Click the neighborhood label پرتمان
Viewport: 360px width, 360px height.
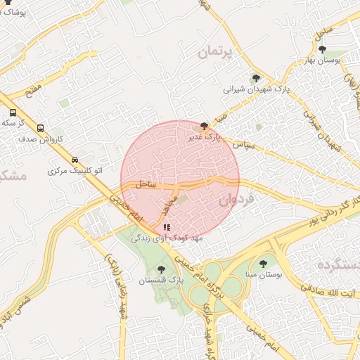click(218, 51)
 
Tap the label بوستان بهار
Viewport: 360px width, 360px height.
click(322, 60)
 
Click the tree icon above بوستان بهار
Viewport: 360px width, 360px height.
click(322, 49)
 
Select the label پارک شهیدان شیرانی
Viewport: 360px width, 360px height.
click(257, 89)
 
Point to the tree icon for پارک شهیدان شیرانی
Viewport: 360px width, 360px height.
click(255, 78)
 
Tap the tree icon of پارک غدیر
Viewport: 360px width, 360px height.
click(204, 127)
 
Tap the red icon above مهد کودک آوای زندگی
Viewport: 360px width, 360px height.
click(167, 227)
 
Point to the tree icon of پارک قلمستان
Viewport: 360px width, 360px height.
click(161, 269)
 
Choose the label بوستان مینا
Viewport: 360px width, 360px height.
click(264, 276)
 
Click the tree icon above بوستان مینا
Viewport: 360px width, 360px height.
click(263, 264)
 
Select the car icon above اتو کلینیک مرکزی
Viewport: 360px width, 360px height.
click(75, 160)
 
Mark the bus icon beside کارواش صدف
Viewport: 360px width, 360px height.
click(40, 129)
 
